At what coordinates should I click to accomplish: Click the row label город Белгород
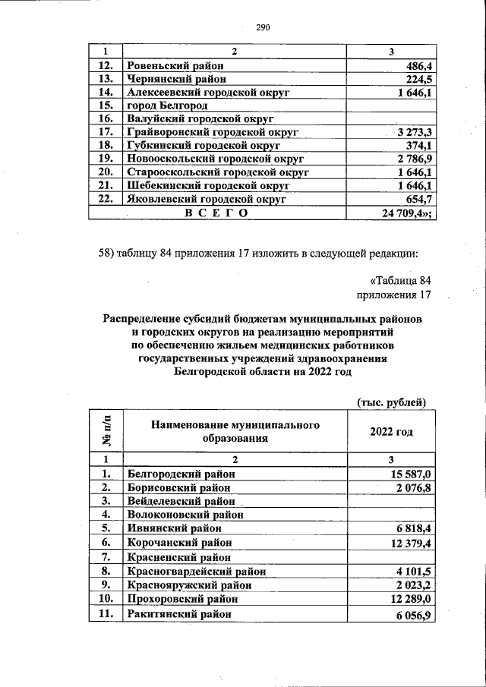pos(166,106)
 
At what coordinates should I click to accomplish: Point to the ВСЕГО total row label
pos(216,213)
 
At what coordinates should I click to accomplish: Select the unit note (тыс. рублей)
pos(391,402)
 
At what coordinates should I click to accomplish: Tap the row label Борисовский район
pos(178,487)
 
